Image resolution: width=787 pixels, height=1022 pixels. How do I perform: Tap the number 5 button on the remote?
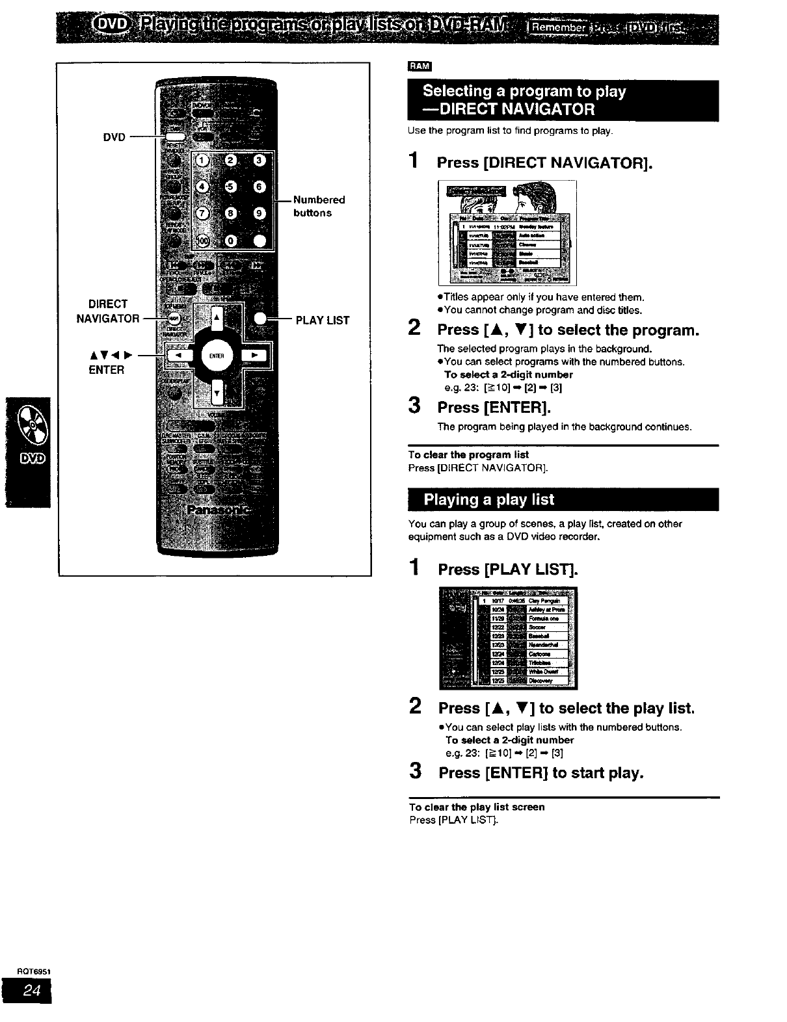(x=231, y=187)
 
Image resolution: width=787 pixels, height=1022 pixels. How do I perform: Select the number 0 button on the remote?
(x=231, y=241)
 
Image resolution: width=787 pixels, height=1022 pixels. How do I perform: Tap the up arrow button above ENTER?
(x=217, y=318)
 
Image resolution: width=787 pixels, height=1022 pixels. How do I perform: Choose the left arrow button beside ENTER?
(x=179, y=356)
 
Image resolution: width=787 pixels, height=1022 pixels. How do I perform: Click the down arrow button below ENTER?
(x=217, y=392)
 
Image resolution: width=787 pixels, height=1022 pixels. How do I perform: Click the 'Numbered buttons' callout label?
(x=319, y=206)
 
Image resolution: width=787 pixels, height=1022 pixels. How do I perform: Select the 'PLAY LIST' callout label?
(x=323, y=321)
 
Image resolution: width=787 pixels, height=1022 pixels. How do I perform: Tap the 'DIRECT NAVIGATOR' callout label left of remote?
(x=108, y=311)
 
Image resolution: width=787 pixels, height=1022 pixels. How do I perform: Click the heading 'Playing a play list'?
(x=489, y=500)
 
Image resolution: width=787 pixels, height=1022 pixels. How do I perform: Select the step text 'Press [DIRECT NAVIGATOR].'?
(x=544, y=163)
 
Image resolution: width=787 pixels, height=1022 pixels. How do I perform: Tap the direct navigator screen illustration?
(x=508, y=233)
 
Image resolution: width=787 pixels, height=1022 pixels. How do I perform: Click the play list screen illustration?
(x=508, y=637)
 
